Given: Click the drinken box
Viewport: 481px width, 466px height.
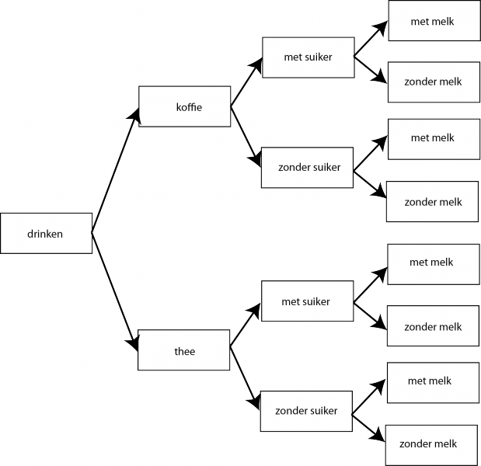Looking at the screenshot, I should coord(46,233).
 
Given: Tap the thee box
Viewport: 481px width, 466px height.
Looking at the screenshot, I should coord(184,351).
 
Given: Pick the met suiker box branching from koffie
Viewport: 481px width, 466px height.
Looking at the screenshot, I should coord(308,57).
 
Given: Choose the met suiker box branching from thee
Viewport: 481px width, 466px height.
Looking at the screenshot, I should coord(306,301).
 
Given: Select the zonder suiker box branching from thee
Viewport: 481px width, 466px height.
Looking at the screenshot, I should coord(306,410).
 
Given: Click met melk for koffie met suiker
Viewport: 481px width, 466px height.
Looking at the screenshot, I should coord(433,21).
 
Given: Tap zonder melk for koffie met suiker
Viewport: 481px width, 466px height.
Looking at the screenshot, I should coord(433,82).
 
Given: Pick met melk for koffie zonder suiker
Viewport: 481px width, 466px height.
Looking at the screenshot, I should coord(433,138).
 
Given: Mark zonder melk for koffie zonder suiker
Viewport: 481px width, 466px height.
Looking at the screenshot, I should coord(433,202).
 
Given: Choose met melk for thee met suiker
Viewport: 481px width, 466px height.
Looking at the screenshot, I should coord(432,263).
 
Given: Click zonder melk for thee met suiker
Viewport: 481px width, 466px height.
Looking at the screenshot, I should coord(433,326).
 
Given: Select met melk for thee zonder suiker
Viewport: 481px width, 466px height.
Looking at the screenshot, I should coord(430,381).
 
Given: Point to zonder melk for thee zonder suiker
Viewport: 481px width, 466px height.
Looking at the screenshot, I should coord(427,444).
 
